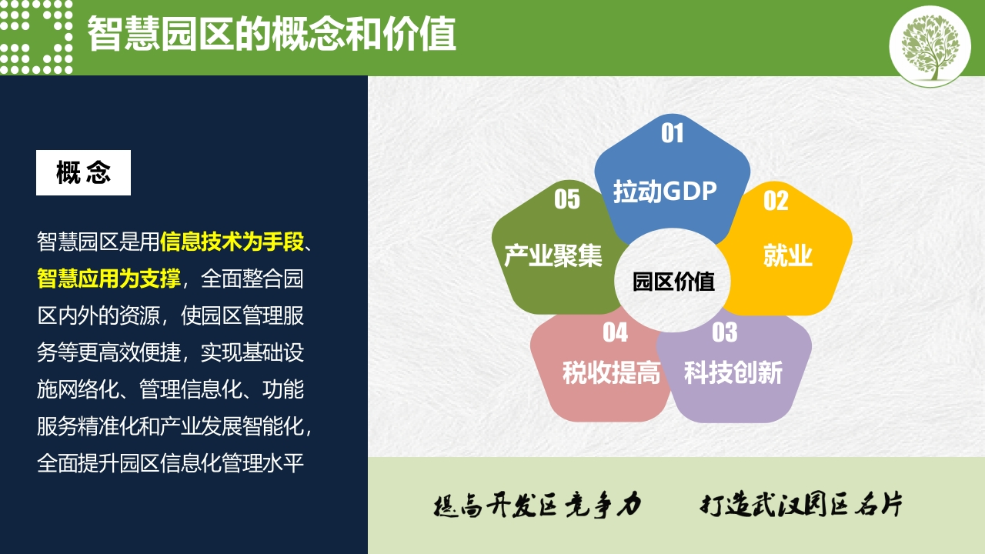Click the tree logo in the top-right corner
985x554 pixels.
click(x=930, y=46)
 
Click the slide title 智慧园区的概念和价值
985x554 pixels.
click(x=272, y=34)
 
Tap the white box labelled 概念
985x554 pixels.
click(x=84, y=172)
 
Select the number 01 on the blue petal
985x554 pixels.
click(x=673, y=133)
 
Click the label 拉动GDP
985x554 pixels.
click(x=665, y=192)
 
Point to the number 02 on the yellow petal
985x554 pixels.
click(x=776, y=201)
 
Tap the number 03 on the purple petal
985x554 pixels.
click(x=725, y=332)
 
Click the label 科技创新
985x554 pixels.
click(x=733, y=373)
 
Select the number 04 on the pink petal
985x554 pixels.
click(x=615, y=332)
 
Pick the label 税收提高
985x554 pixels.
click(x=611, y=373)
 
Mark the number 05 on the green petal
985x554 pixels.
click(x=567, y=199)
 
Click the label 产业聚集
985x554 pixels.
click(x=553, y=255)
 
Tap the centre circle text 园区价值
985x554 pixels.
click(x=673, y=282)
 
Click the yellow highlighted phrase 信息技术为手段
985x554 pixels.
click(x=232, y=242)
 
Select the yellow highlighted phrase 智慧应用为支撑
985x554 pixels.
click(x=109, y=279)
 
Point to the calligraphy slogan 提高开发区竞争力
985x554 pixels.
click(x=537, y=505)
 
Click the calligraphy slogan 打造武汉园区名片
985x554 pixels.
click(x=801, y=504)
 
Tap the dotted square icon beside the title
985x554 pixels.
click(x=36, y=37)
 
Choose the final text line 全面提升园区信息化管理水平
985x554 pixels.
click(x=170, y=463)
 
